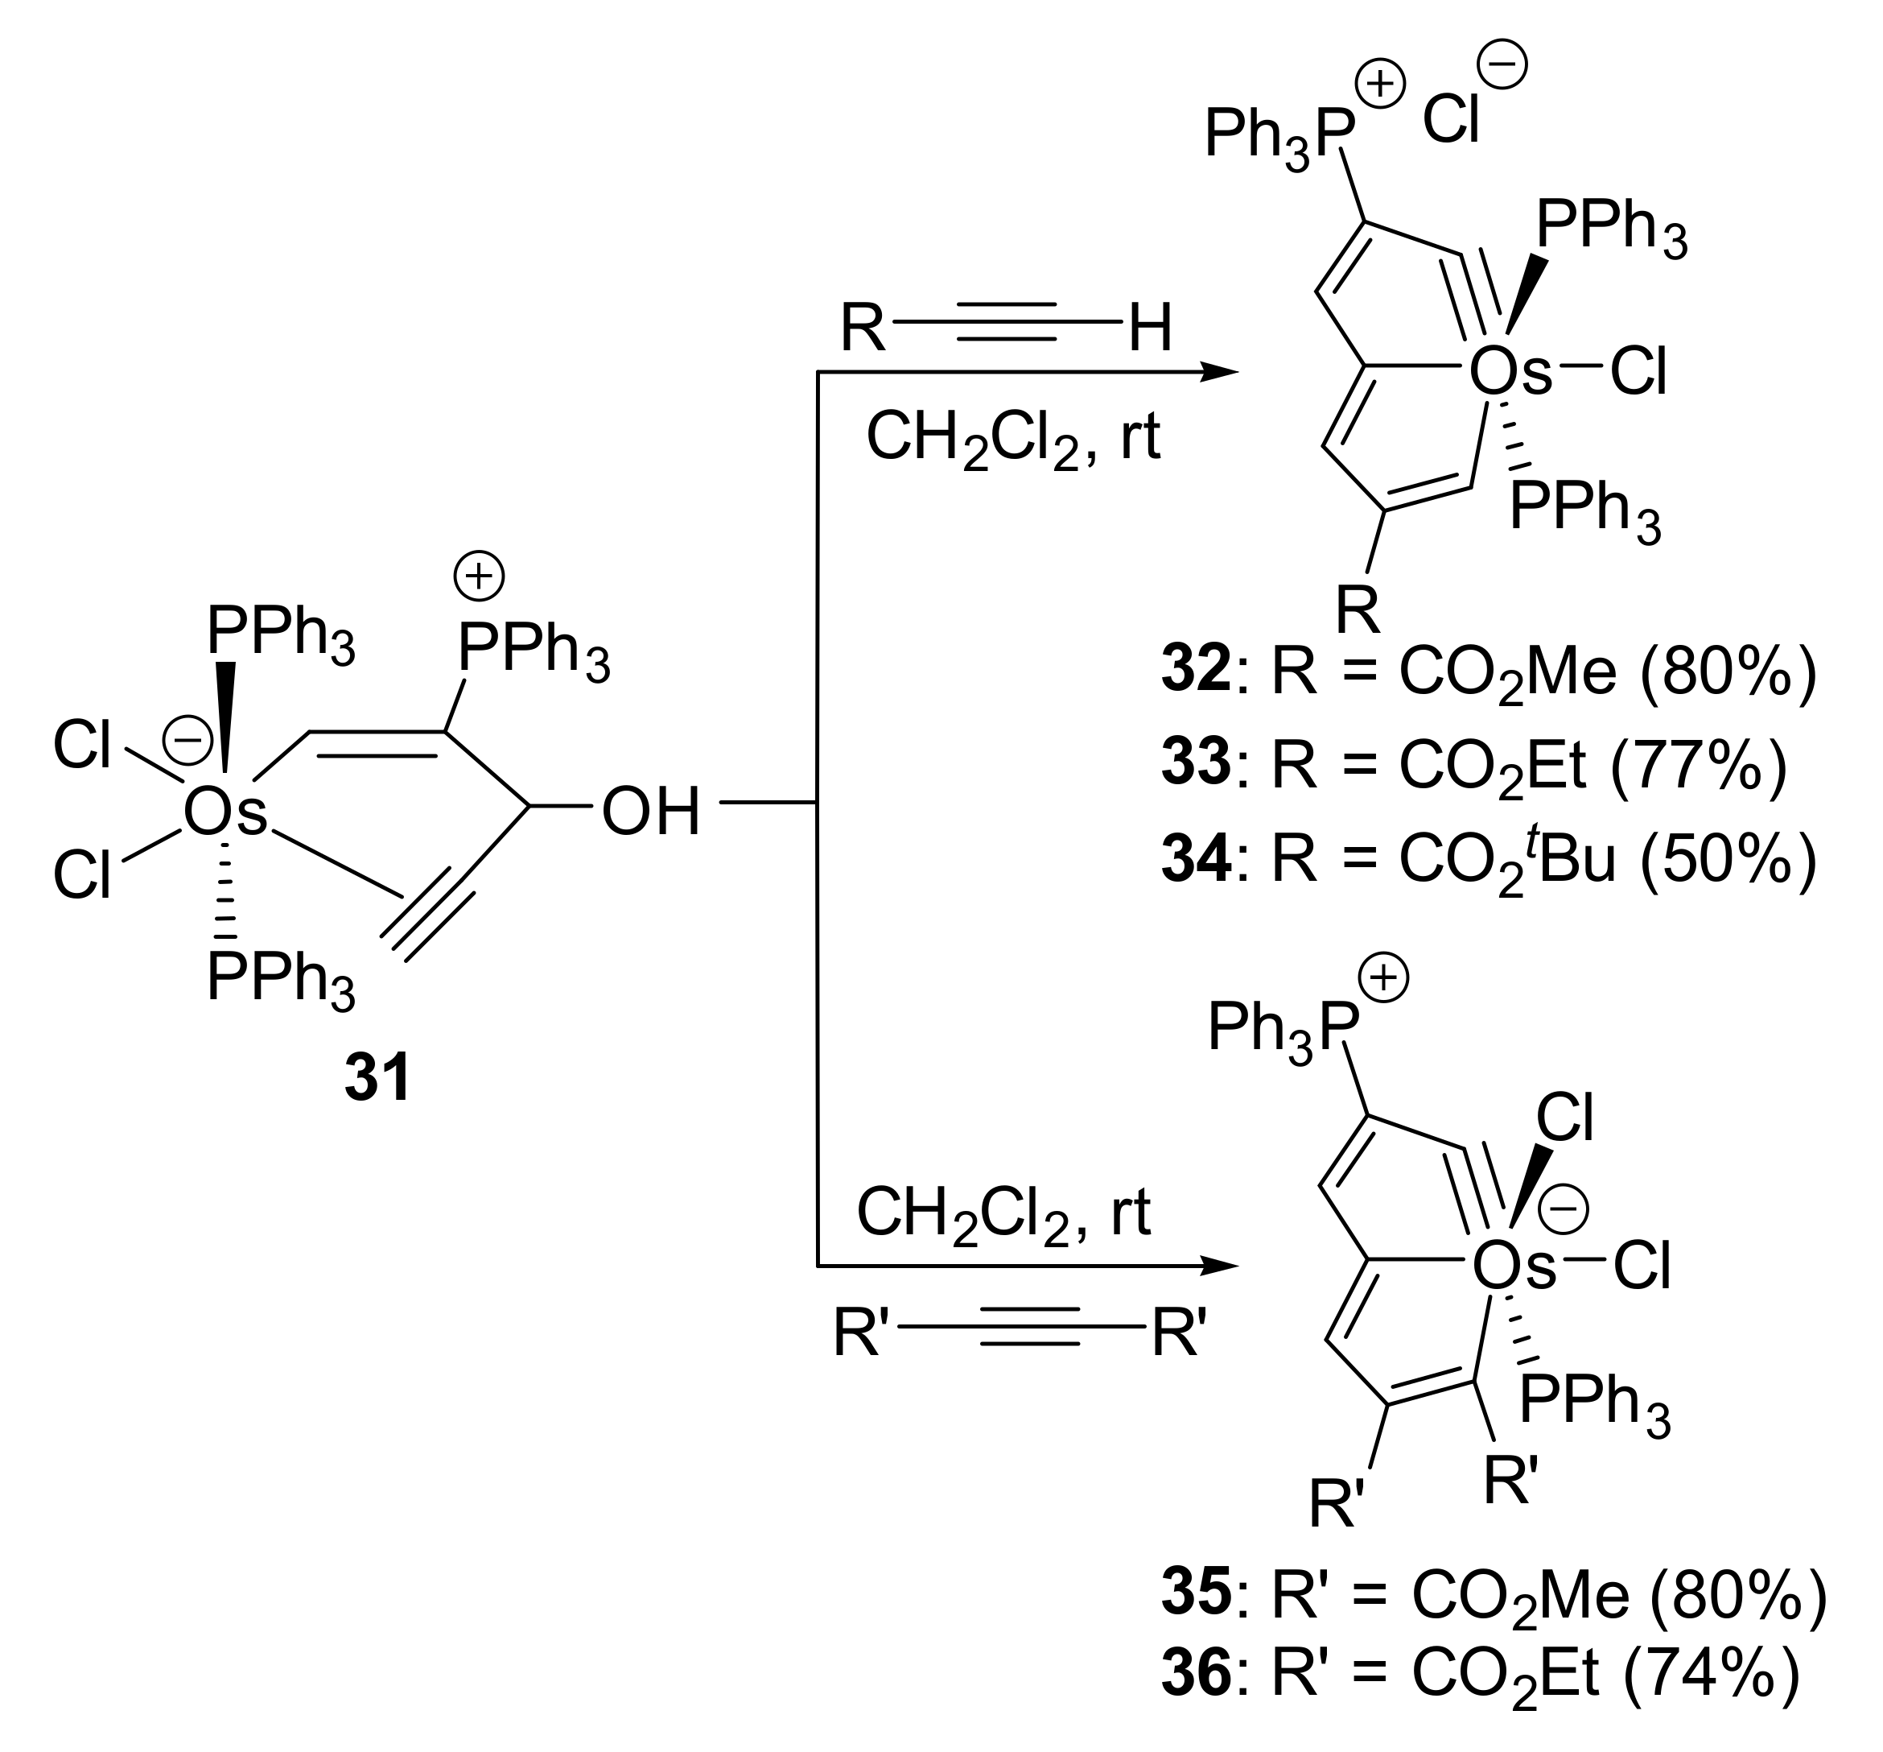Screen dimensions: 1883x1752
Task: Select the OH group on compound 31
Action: coord(651,812)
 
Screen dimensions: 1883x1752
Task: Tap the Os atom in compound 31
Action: coord(225,812)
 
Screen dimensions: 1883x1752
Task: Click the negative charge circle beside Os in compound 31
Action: coord(187,741)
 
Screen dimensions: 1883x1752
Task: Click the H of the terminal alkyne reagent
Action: coord(1150,328)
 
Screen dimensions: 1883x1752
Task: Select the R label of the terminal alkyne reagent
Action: coord(862,328)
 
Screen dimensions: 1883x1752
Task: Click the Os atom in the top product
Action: coord(1510,373)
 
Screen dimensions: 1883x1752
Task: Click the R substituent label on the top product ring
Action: coord(1358,611)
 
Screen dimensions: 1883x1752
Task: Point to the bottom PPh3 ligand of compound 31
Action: coord(280,978)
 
